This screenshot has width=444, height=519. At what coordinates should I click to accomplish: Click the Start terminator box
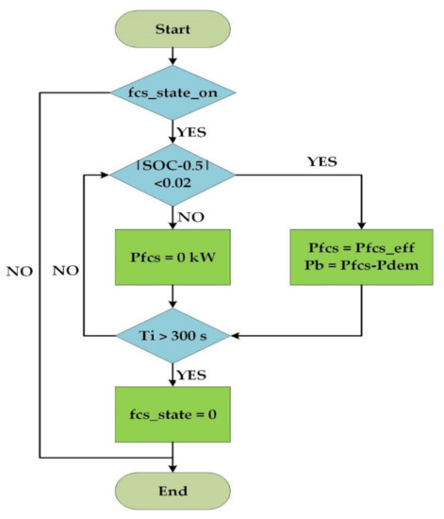[x=173, y=29]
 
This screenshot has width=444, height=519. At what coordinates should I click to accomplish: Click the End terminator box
[x=173, y=491]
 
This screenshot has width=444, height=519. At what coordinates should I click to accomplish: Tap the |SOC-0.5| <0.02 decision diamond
[x=173, y=174]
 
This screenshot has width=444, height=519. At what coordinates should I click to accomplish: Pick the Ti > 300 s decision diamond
[x=173, y=334]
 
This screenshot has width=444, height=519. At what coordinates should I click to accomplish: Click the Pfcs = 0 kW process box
[x=173, y=255]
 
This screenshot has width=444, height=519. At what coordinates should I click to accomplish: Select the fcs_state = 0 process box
[x=173, y=412]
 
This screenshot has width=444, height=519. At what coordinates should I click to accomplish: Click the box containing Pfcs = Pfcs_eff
[x=360, y=255]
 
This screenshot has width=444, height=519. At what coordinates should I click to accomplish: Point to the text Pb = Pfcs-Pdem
[x=360, y=267]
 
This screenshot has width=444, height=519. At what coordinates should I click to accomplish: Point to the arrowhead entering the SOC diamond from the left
[x=106, y=174]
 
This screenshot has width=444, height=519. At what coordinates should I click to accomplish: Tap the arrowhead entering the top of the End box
[x=173, y=466]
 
